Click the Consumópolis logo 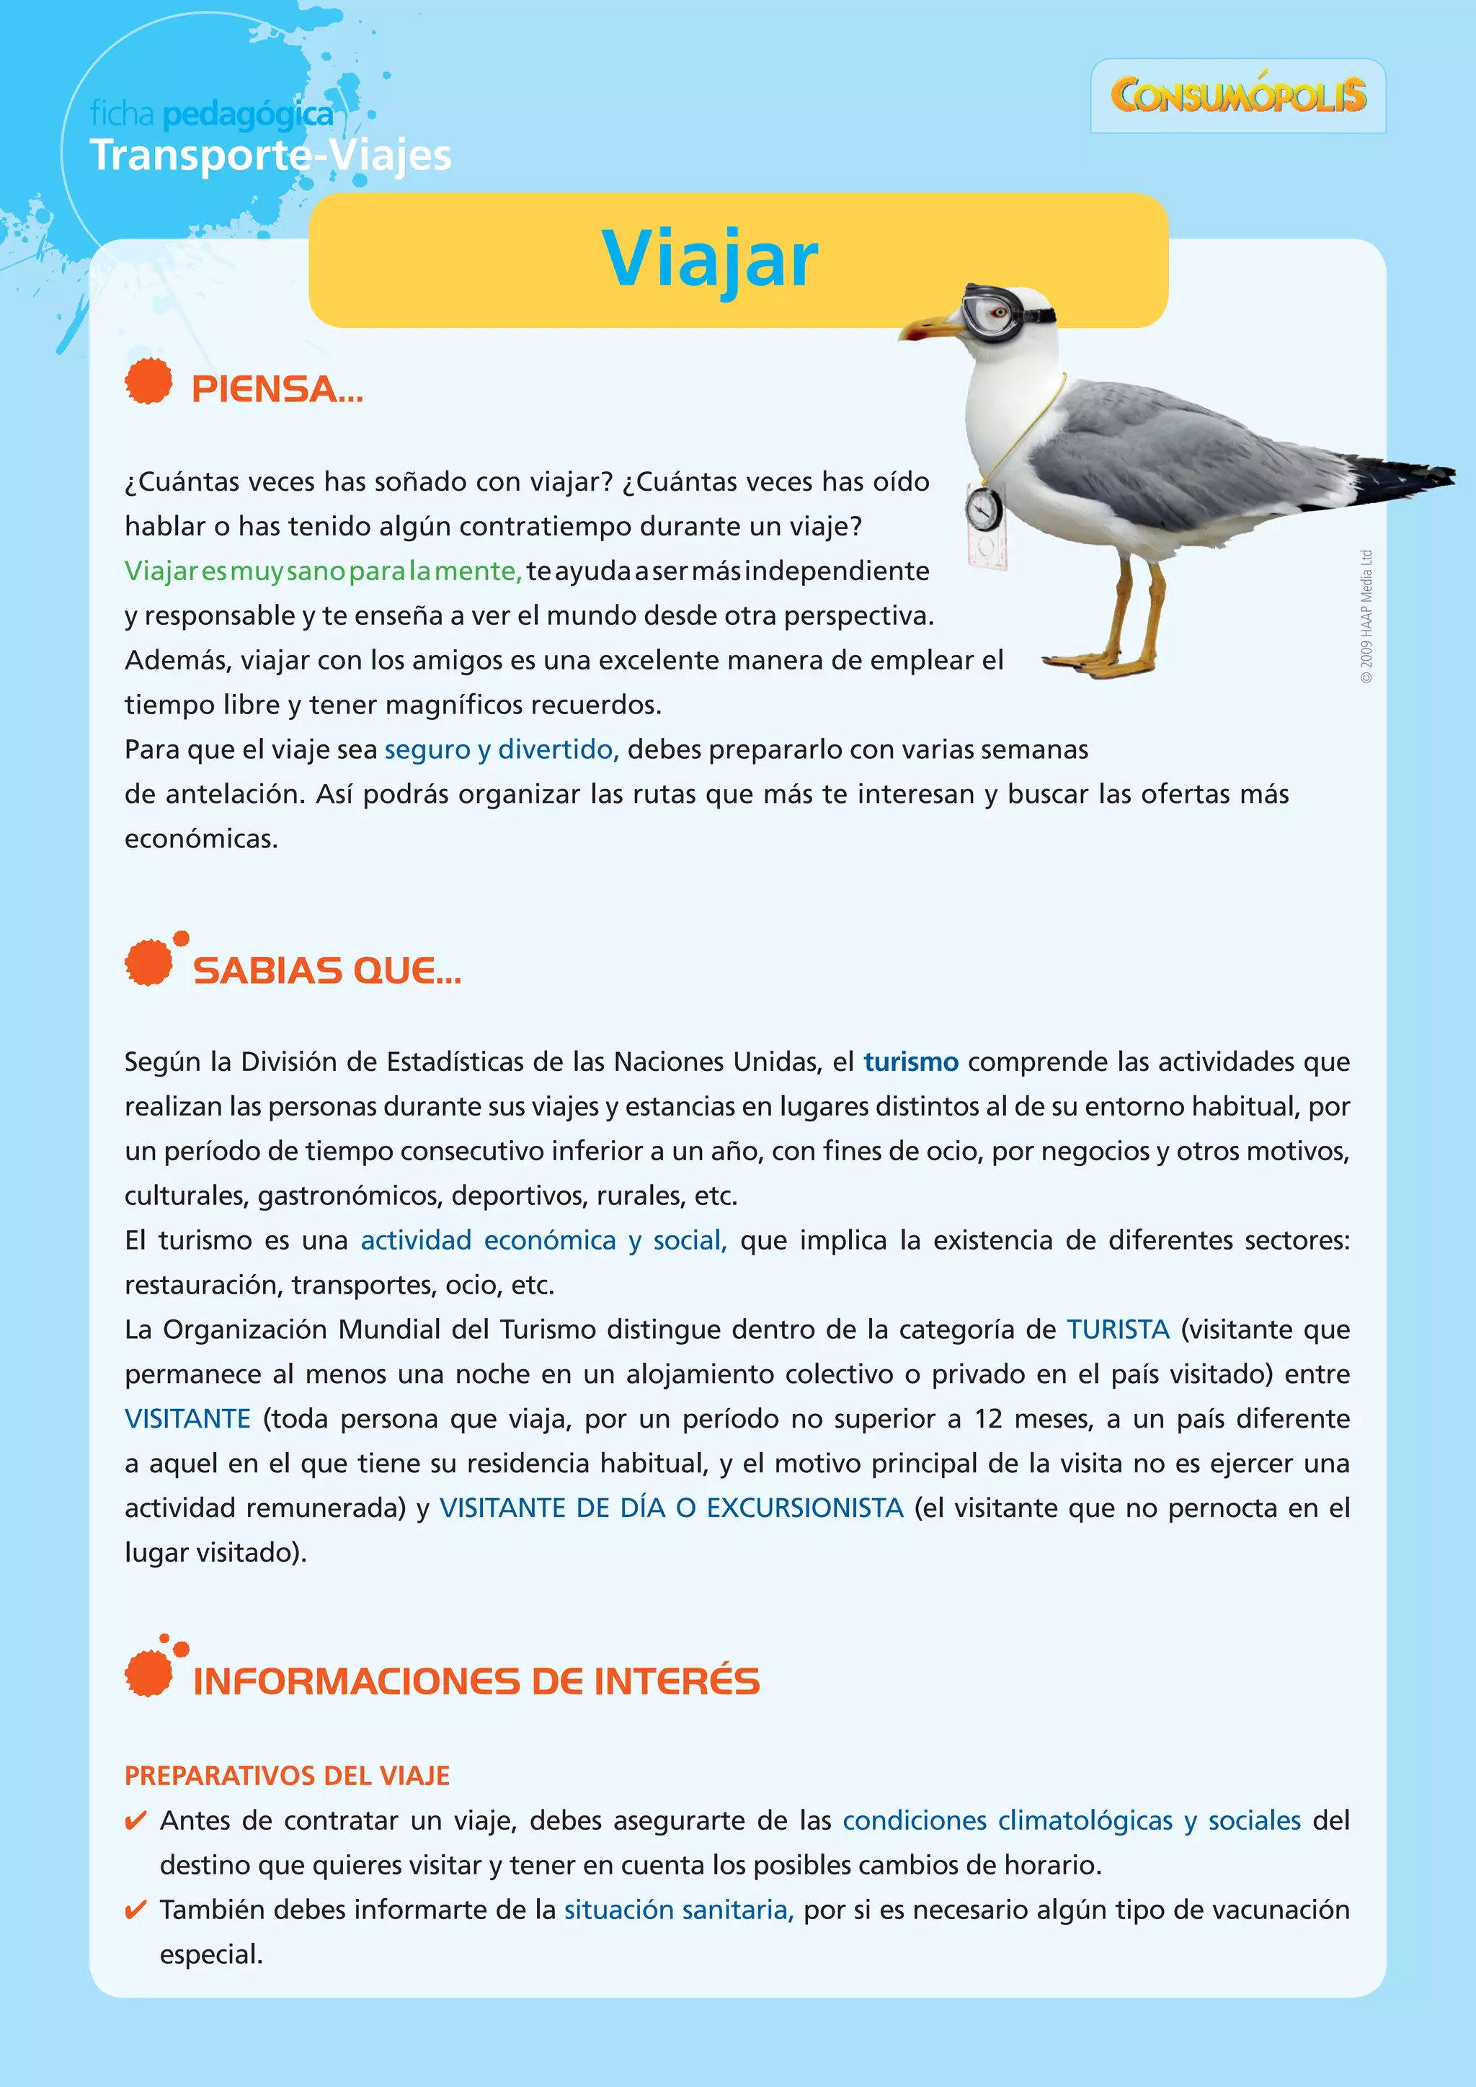pos(1238,95)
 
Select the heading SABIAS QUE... pos(326,971)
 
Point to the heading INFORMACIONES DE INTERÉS pos(476,1681)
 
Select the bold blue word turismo pos(911,1062)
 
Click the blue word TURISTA pos(1118,1329)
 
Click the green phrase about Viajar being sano pos(323,571)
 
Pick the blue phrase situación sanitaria pos(679,1909)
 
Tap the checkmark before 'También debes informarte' pos(135,1910)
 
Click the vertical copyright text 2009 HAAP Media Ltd pos(1366,616)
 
